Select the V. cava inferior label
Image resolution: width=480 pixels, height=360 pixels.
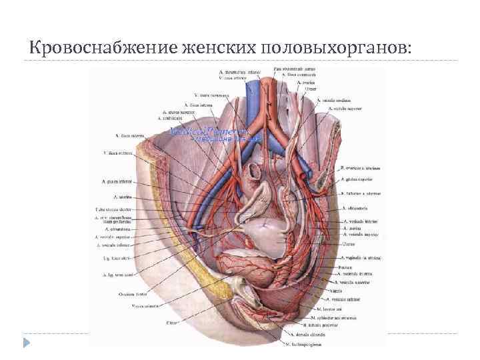(x=237, y=77)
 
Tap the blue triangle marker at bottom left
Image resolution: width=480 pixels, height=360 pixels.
(x=27, y=343)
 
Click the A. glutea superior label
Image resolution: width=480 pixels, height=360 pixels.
(x=363, y=180)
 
